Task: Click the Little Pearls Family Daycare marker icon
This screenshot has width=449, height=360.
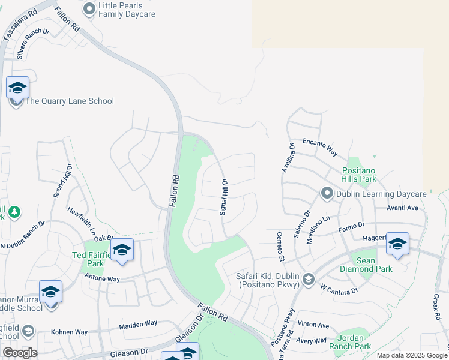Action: [89, 9]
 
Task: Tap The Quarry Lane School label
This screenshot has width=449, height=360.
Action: [70, 101]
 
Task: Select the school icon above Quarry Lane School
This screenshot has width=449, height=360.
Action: [18, 88]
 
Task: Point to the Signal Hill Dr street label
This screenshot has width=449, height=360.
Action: [223, 197]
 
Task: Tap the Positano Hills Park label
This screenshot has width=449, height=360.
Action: [360, 175]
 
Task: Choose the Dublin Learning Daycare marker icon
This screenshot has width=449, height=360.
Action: [327, 193]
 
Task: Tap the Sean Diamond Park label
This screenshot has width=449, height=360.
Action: [374, 265]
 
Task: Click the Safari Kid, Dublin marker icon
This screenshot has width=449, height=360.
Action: [309, 278]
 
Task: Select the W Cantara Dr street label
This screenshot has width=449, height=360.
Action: [339, 290]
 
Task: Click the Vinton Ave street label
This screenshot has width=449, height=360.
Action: [313, 325]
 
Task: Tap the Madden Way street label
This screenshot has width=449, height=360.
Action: [138, 325]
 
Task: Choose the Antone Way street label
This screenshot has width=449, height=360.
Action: [102, 279]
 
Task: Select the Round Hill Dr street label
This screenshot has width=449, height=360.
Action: [62, 181]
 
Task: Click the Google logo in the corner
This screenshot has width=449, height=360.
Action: [20, 353]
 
